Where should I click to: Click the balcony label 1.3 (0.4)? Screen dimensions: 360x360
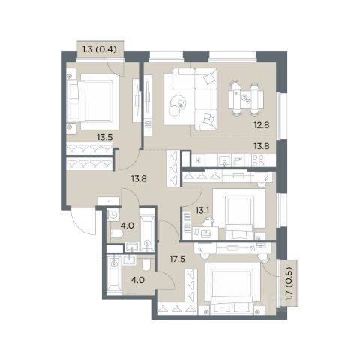(x=100, y=49)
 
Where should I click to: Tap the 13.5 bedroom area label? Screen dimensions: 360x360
(x=105, y=137)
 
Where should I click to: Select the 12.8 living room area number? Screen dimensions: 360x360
(x=262, y=125)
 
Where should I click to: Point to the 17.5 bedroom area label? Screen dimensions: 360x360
(x=177, y=259)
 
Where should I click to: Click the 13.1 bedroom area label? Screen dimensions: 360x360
(x=202, y=211)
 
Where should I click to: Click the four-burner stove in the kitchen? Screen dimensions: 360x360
(x=258, y=160)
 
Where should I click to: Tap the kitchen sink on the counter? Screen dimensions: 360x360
(x=225, y=160)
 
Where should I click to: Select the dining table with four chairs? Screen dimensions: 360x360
(x=246, y=99)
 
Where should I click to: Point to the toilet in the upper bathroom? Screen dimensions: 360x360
(x=117, y=234)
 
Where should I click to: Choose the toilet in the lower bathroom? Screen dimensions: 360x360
(x=146, y=265)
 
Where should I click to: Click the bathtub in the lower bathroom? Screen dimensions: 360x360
(x=114, y=275)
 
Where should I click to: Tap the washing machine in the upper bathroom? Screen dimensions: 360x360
(x=113, y=215)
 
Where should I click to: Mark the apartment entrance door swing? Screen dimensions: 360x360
(x=83, y=221)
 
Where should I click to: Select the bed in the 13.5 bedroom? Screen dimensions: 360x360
(x=93, y=101)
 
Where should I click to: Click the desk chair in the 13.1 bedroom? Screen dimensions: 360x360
(x=208, y=221)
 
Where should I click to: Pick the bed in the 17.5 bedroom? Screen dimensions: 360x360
(x=232, y=287)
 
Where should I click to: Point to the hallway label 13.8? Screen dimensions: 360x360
(x=139, y=178)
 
